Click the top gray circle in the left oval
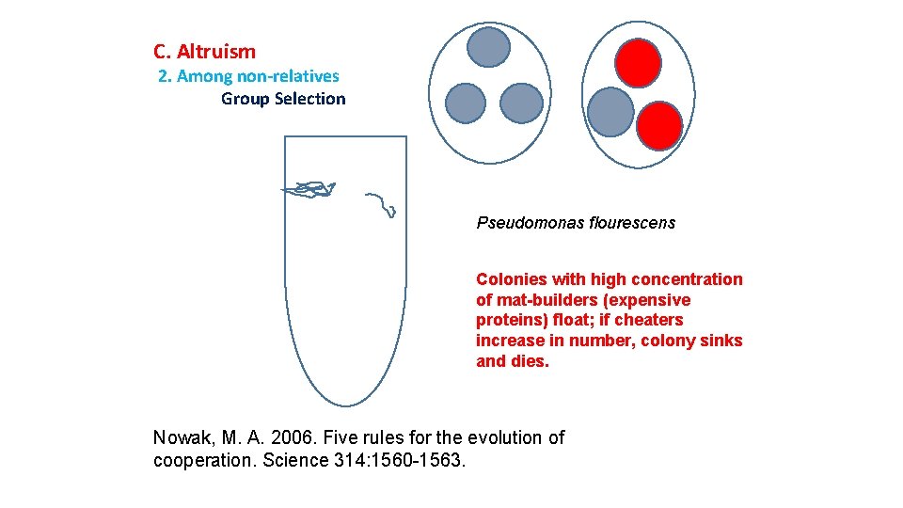click(489, 47)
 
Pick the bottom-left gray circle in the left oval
click(465, 103)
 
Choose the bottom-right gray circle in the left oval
click(521, 103)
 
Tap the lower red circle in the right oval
click(659, 125)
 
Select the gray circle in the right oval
click(610, 111)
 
